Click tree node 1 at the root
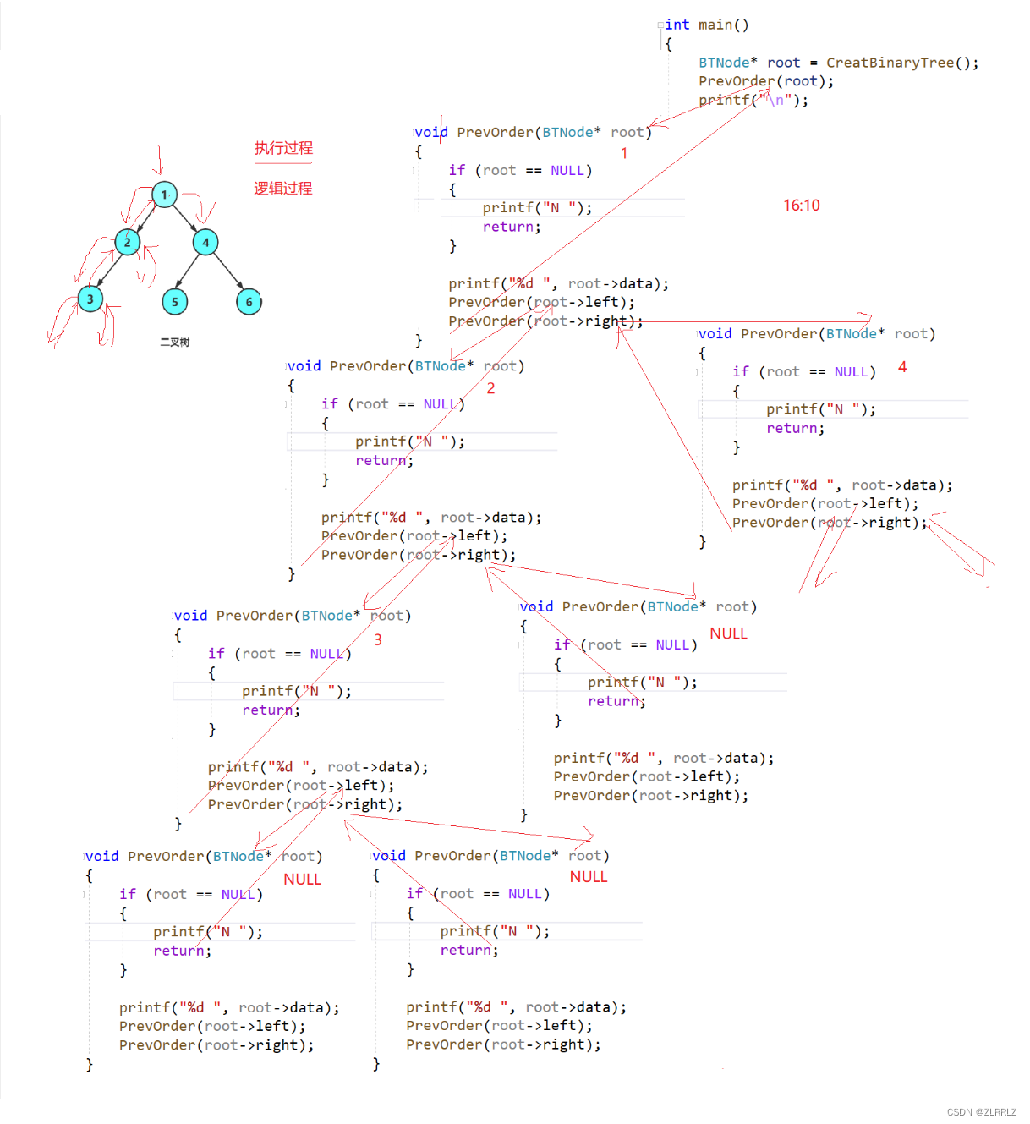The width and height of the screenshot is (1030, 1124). (x=164, y=195)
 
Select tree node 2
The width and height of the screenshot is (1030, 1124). (x=128, y=243)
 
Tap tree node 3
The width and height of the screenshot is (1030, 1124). (x=90, y=299)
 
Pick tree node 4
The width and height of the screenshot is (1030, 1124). (x=205, y=243)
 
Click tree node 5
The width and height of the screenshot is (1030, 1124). (x=175, y=302)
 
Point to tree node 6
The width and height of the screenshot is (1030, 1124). (x=249, y=302)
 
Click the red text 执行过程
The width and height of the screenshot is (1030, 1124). (x=283, y=148)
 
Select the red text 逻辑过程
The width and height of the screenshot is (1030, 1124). (x=283, y=188)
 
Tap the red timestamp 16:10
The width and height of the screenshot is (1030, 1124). (x=801, y=206)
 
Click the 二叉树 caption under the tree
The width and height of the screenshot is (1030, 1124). (x=175, y=343)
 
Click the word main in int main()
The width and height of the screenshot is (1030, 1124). (x=715, y=25)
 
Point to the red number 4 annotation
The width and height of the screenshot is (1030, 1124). (x=902, y=367)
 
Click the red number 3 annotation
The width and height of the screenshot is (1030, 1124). (x=378, y=640)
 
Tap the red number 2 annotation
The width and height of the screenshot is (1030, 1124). (x=490, y=388)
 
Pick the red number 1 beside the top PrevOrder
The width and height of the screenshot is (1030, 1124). (x=624, y=153)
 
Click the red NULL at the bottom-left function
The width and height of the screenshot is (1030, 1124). (x=302, y=880)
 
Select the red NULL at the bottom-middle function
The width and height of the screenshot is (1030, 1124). (x=589, y=877)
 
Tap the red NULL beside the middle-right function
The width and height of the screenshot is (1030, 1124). (x=728, y=633)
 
